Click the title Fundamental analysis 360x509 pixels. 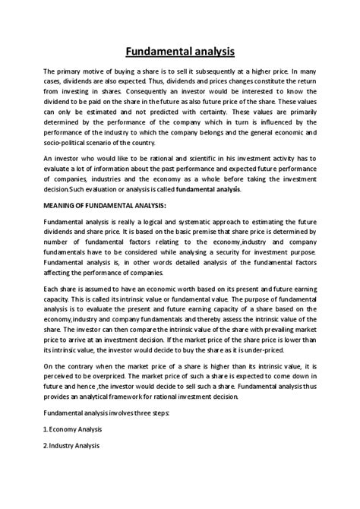coord(180,51)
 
